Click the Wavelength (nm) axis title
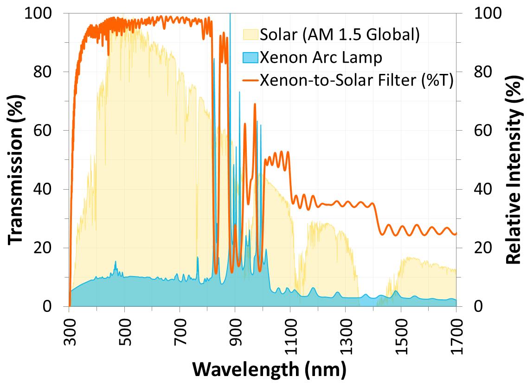[269, 370]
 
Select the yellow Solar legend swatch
[251, 35]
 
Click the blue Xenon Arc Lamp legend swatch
[251, 58]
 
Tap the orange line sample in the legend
[251, 80]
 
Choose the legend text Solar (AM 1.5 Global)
[340, 35]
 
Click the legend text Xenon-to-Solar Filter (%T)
[356, 80]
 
